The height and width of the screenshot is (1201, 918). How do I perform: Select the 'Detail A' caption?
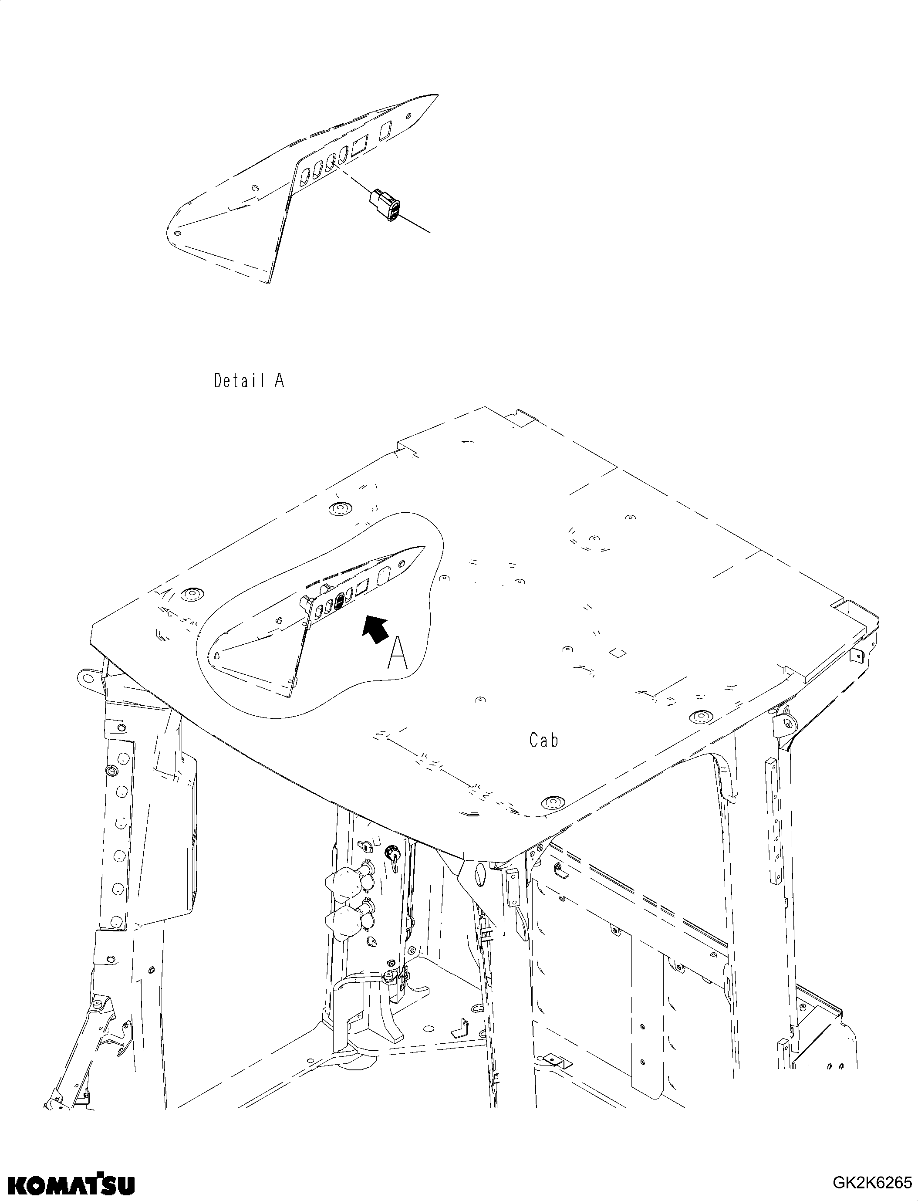[249, 380]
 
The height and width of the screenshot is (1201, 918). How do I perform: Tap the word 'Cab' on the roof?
[543, 740]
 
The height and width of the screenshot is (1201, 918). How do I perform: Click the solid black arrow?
[376, 629]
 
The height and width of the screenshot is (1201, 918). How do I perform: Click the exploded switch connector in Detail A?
[386, 206]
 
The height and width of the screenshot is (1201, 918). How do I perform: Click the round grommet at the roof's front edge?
[550, 802]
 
